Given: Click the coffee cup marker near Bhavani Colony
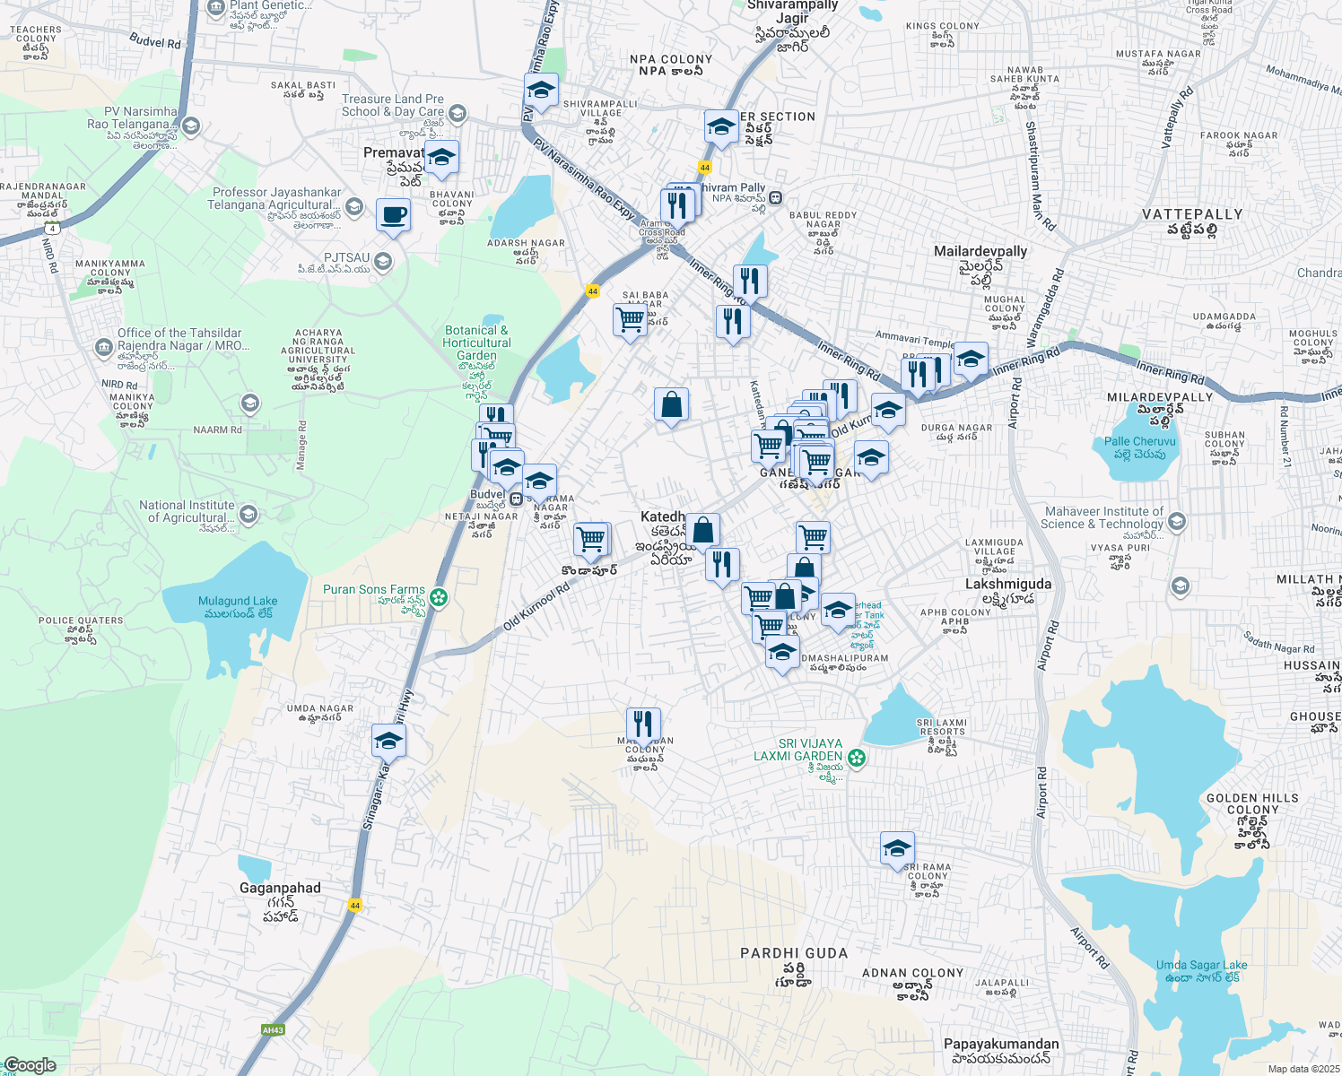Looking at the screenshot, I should (x=393, y=216).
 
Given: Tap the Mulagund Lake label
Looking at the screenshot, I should (x=238, y=607).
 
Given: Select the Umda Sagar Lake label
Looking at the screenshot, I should (x=1201, y=971).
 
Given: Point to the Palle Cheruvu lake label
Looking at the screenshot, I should (x=1139, y=447).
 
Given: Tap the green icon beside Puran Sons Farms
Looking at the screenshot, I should (x=438, y=597).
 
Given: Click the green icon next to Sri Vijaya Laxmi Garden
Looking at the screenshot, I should (x=857, y=758).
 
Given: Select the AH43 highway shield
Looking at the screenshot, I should (x=273, y=1030).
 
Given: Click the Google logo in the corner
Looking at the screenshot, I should (x=30, y=1065).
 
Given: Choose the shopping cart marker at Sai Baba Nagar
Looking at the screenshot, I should (x=631, y=320).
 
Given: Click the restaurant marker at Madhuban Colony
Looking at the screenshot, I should (x=643, y=724).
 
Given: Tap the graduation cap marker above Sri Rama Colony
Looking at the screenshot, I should (x=897, y=848).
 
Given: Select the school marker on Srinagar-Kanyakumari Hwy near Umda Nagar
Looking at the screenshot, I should (x=388, y=741).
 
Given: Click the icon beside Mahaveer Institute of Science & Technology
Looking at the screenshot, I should (x=1177, y=521).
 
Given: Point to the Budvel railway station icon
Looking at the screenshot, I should (x=516, y=499).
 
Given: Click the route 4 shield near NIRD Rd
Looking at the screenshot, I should (x=54, y=229).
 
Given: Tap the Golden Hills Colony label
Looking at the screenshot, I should (x=1252, y=803).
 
